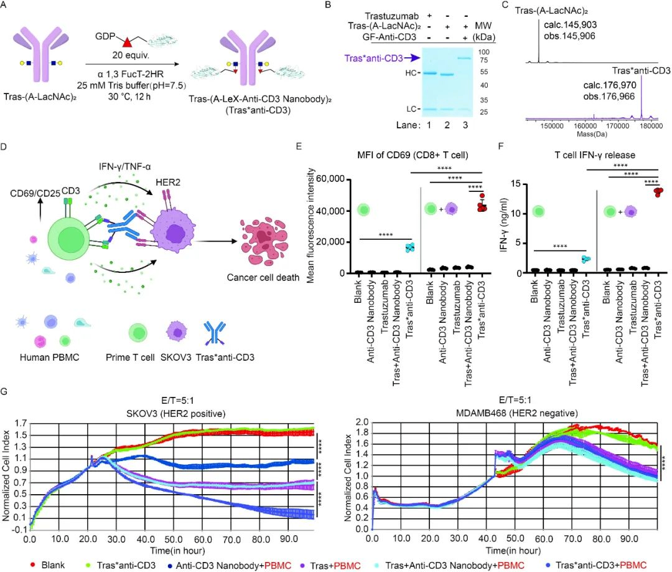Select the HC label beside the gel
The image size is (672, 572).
tap(388, 73)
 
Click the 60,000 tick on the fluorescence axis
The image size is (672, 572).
tap(334, 179)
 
